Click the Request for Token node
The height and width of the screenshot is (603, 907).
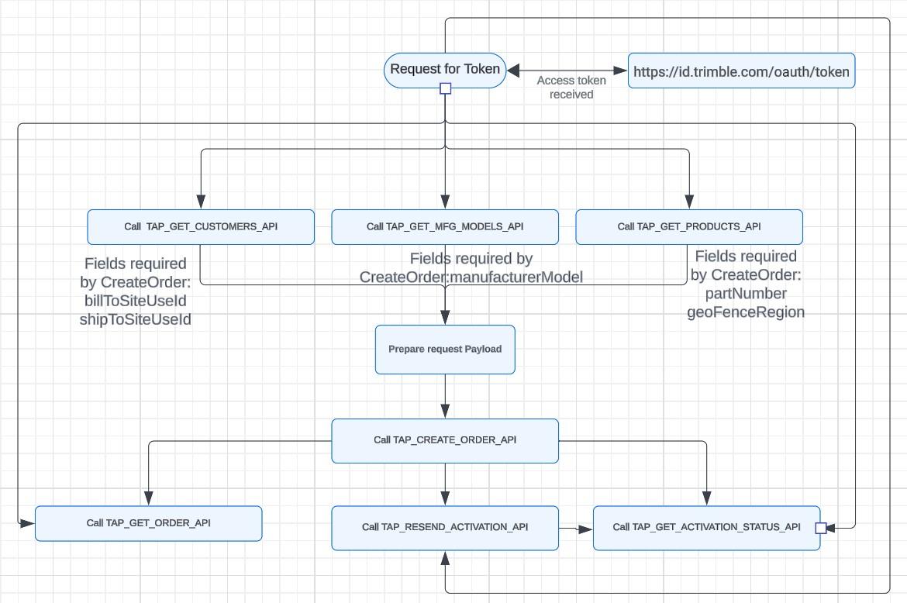[x=445, y=70]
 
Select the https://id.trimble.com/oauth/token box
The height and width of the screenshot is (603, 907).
[x=741, y=71]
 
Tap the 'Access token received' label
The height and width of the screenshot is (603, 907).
[x=571, y=88]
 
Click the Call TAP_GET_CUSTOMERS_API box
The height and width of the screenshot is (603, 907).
[x=201, y=227]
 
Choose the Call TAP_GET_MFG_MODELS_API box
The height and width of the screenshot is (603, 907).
[x=445, y=227]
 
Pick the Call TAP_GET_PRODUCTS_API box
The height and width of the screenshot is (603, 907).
[x=688, y=227]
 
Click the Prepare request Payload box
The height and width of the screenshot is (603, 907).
[x=445, y=350]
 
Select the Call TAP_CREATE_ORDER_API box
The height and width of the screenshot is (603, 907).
[x=445, y=440]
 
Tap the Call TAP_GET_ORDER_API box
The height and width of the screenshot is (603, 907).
[x=148, y=523]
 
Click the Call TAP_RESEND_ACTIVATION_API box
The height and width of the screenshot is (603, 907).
[x=445, y=528]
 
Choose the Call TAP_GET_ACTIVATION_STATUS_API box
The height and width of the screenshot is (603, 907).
[x=706, y=528]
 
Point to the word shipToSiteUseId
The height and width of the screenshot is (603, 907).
[x=136, y=319]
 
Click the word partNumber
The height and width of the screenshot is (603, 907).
[x=746, y=294]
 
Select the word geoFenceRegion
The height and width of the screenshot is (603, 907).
[x=746, y=312]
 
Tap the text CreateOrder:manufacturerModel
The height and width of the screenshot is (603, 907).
[x=471, y=277]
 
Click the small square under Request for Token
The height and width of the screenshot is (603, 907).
[x=446, y=89]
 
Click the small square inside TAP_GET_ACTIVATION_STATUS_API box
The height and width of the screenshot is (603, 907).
[x=820, y=528]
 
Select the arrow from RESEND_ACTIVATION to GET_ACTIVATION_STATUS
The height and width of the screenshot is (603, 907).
[x=576, y=529]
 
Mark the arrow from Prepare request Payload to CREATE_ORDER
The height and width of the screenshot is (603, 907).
[x=445, y=397]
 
